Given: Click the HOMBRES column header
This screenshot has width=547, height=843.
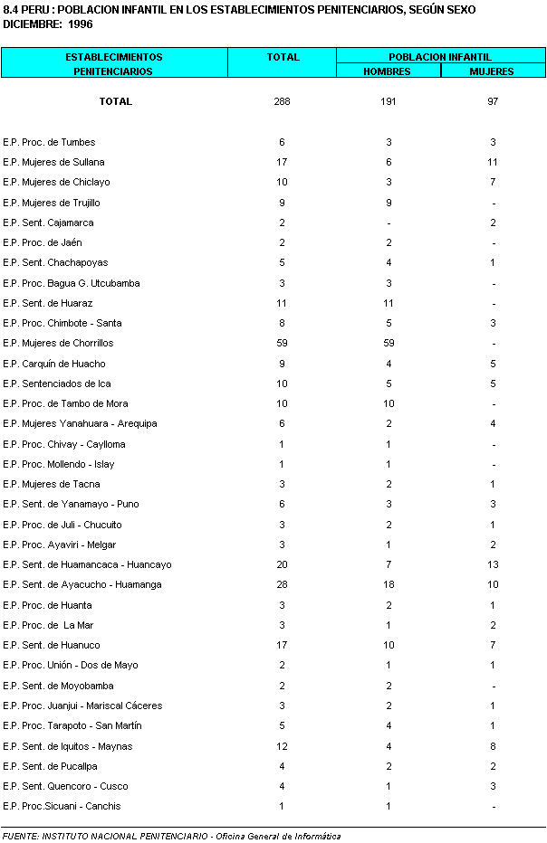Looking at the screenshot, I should [388, 71].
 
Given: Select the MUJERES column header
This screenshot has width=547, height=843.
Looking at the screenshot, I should [492, 71].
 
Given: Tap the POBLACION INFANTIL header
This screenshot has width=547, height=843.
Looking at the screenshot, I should [440, 57].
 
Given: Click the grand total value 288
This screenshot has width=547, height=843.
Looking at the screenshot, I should [282, 101].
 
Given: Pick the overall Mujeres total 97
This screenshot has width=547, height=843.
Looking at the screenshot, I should [493, 101].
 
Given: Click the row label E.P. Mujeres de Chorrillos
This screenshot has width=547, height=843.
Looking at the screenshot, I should [58, 344].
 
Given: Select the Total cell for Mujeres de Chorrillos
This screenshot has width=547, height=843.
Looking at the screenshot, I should [282, 344].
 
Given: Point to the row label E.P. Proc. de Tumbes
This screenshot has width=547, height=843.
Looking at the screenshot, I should [49, 142].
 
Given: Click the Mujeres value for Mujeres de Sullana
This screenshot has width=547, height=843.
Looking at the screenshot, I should [493, 163].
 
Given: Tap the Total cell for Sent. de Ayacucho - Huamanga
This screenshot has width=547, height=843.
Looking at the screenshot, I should [282, 585].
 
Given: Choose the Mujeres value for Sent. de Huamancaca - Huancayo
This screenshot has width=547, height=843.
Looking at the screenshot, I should [493, 565].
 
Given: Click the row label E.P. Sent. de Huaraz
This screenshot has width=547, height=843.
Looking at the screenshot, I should [48, 303].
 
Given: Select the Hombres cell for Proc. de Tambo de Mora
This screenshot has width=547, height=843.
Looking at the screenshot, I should [388, 404].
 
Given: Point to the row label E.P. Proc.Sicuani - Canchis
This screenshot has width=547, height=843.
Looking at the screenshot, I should [62, 807].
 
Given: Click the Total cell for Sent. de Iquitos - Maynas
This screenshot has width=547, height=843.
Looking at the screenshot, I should [282, 746].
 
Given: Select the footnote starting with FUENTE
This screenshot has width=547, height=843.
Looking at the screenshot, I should [171, 836].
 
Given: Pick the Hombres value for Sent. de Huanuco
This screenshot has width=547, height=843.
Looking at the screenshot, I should [388, 646].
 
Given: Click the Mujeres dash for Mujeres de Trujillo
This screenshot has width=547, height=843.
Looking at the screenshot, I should [493, 204].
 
